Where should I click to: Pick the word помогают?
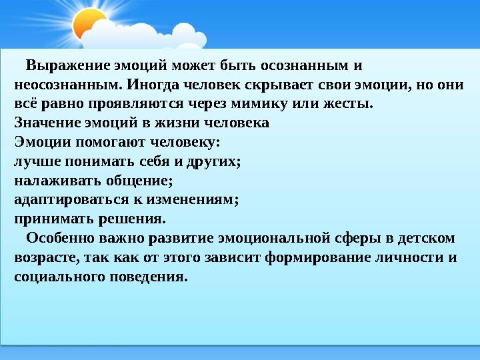point(110,142)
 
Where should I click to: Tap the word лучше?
point(33,161)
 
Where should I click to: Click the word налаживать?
point(49,180)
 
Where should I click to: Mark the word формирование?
point(307,257)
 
